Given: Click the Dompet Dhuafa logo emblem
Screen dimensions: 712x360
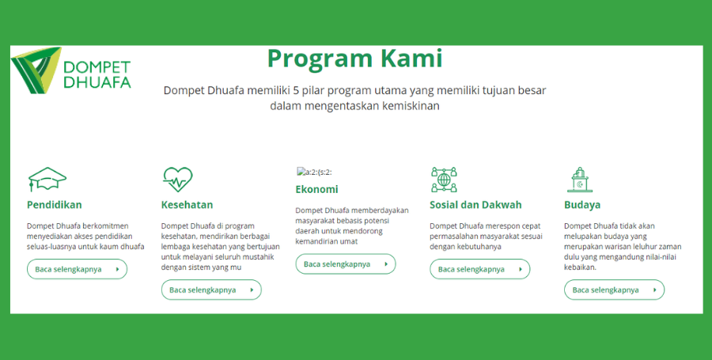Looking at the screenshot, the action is coord(36,70).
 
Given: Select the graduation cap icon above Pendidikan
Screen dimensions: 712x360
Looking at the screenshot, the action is coord(47,180).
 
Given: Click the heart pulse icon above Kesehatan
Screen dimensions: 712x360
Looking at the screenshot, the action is coord(177,180).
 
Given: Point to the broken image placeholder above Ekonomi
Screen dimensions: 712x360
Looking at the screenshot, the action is coord(314,172).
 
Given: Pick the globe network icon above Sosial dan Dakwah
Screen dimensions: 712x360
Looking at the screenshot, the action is coord(444,180).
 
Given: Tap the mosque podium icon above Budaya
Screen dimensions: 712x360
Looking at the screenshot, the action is coord(580,180).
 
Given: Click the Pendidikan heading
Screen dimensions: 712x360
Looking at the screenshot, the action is coord(55,205).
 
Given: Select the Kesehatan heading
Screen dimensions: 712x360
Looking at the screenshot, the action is coord(187,205).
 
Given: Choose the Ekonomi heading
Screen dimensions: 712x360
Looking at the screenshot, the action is coord(317,189).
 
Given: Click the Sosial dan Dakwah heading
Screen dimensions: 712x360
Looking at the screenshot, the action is coord(475,205).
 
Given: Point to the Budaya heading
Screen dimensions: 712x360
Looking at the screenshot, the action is coord(582,205).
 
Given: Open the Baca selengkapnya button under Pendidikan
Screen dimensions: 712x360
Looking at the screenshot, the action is coord(78,269).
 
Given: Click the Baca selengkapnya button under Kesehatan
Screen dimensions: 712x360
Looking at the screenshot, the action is coord(211,290).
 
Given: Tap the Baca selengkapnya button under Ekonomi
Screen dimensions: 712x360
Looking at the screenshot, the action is coord(346,264).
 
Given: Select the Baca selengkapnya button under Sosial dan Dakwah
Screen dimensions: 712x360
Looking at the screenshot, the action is coord(480,269).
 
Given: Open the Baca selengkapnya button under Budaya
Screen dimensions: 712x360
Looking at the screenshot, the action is coord(615,290).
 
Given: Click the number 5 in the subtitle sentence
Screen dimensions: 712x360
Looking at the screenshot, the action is coord(296,90).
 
